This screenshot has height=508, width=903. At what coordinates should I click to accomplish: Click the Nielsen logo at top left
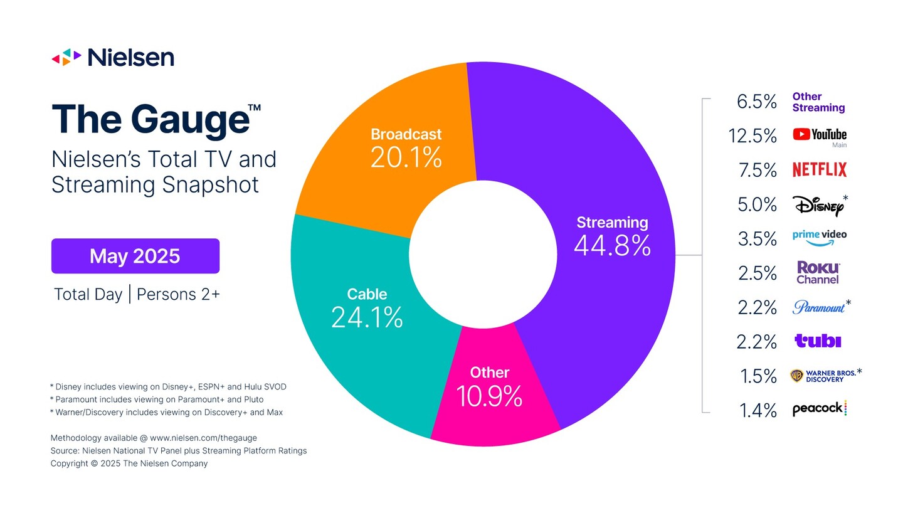[113, 58]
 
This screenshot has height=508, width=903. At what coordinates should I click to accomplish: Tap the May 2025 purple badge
[135, 256]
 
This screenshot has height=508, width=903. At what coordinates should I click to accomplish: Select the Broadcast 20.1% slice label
[406, 148]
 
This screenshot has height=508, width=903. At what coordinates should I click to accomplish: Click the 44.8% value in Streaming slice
[612, 245]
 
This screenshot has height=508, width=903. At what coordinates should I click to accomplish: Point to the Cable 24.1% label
[367, 308]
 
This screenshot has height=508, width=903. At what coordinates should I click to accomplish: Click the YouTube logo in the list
[819, 135]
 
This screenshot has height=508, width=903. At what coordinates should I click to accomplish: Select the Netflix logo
[819, 169]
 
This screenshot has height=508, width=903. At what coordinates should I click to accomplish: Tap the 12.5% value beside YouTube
[752, 135]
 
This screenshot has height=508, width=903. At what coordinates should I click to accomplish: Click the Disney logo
[818, 205]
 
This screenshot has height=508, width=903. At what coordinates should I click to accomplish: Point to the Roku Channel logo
[818, 273]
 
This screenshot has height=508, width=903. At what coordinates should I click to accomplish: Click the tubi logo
[817, 341]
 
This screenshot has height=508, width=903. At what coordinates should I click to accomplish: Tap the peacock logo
[819, 409]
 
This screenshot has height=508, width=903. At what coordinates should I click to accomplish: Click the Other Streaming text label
[818, 102]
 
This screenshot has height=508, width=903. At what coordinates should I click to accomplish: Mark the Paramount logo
[819, 307]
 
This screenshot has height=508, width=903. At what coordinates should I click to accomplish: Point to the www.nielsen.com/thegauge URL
[203, 438]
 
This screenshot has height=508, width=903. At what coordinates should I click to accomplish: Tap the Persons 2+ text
[178, 294]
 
